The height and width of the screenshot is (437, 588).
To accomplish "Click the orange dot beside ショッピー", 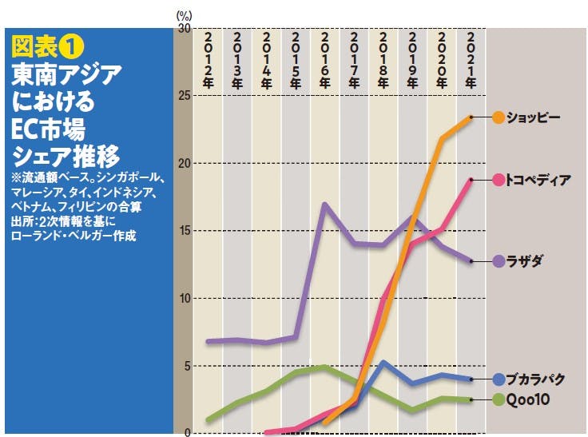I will (499, 117).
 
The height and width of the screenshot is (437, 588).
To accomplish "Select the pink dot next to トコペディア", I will (499, 180).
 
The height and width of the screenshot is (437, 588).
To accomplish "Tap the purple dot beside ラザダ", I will (499, 261).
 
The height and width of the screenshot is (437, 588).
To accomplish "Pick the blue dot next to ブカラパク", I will (499, 379).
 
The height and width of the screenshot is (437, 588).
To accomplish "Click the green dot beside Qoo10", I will (499, 399).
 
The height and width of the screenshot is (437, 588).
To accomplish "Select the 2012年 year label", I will (208, 60).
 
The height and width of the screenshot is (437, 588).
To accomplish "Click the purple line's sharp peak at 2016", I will (324, 204).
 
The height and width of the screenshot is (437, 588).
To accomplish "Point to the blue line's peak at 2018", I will (383, 362).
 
